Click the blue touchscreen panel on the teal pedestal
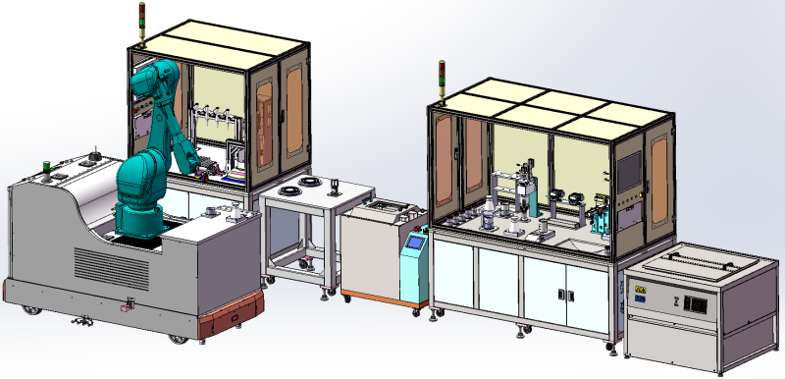coord(417,243)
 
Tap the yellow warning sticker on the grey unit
coord(639,291)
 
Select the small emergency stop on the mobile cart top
coord(45,168)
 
